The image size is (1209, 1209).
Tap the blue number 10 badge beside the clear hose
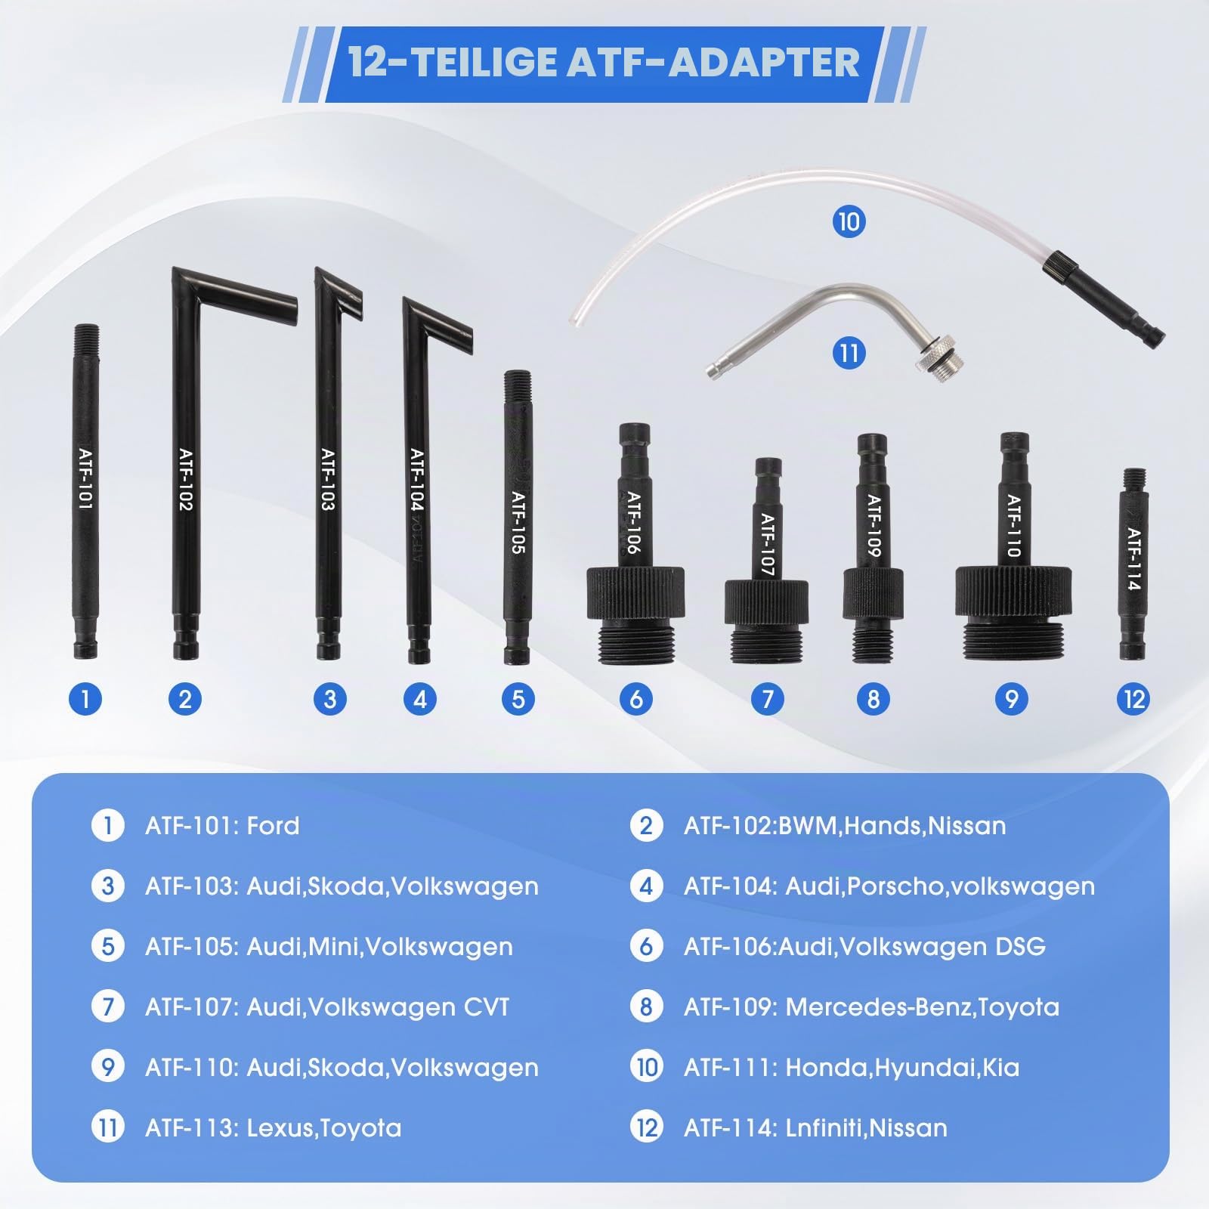(x=849, y=221)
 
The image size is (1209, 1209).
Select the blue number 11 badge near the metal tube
(x=848, y=353)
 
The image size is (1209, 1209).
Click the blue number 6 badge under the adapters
(x=635, y=698)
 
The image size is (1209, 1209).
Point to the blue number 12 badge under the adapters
(x=1135, y=698)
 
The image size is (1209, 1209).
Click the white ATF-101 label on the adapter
(x=85, y=480)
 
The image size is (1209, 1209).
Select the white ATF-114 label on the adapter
(x=1133, y=559)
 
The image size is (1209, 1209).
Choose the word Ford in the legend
(x=273, y=825)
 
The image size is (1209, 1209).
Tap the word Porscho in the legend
(x=895, y=886)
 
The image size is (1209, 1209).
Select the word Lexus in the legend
(x=280, y=1127)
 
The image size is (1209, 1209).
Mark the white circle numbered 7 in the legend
(x=108, y=1006)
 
